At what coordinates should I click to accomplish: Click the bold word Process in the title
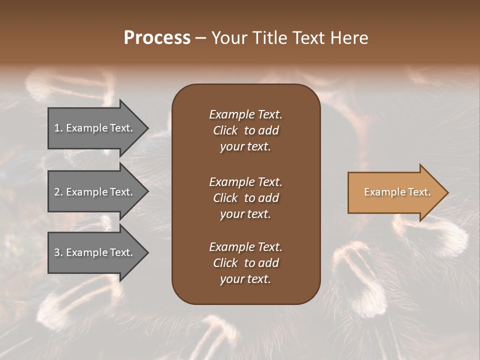tap(157, 38)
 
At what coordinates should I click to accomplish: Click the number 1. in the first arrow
tap(58, 128)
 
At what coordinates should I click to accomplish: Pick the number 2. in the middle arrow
tap(58, 192)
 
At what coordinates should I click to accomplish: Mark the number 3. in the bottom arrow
tap(58, 252)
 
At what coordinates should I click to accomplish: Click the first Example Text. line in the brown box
tap(245, 114)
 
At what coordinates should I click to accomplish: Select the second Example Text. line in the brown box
tap(245, 182)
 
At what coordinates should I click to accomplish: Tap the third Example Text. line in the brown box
tap(245, 247)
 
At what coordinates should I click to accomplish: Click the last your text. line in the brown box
tap(245, 279)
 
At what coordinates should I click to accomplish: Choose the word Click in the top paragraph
tap(225, 131)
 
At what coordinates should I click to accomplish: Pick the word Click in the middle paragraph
tap(225, 198)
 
